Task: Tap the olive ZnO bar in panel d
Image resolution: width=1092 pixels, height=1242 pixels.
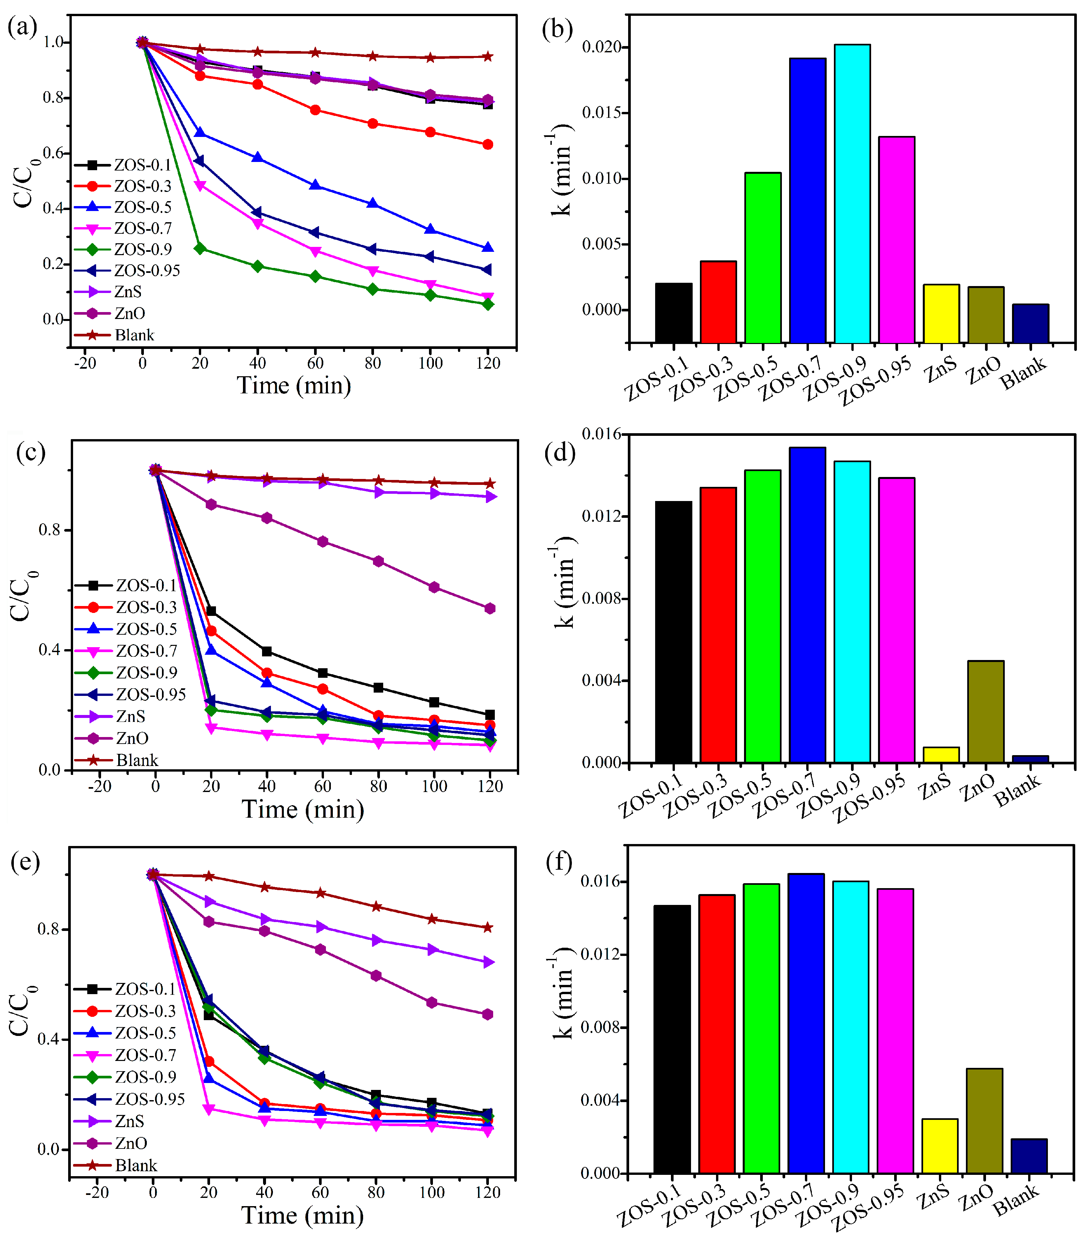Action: pos(986,711)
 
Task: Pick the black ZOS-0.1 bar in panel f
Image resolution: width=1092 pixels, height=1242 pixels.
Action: pos(672,1039)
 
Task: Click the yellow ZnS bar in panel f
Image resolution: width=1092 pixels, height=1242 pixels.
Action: pos(940,1146)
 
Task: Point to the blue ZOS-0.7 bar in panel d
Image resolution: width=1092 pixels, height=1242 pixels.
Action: pos(807,605)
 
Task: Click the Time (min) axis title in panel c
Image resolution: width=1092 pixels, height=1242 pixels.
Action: pos(303,809)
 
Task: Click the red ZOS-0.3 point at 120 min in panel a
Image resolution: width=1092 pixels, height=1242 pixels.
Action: pos(487,145)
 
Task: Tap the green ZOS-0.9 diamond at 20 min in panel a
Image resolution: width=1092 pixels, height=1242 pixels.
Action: pos(200,249)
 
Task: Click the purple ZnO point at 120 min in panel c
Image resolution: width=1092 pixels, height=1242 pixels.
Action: pos(490,608)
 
